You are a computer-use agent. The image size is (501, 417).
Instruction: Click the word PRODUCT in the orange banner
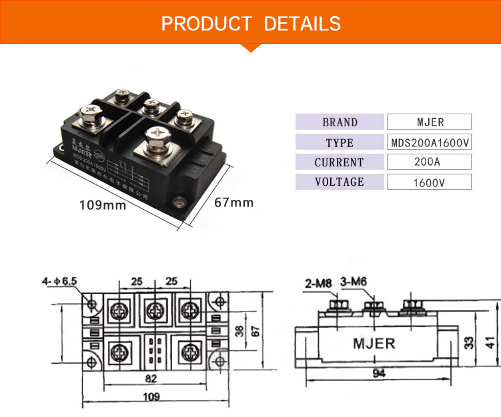pos(207,24)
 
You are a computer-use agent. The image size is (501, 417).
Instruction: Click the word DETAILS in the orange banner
pos(302,24)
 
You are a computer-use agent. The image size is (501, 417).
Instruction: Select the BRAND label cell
pos(340,122)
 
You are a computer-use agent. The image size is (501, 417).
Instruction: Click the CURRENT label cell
pos(340,162)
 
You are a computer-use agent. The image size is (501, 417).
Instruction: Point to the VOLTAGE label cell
pos(340,182)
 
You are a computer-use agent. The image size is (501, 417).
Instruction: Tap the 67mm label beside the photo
pos(233,202)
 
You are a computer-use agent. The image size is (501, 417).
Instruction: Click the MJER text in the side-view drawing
pos(374,343)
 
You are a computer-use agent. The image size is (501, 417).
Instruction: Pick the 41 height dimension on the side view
pos(491,342)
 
